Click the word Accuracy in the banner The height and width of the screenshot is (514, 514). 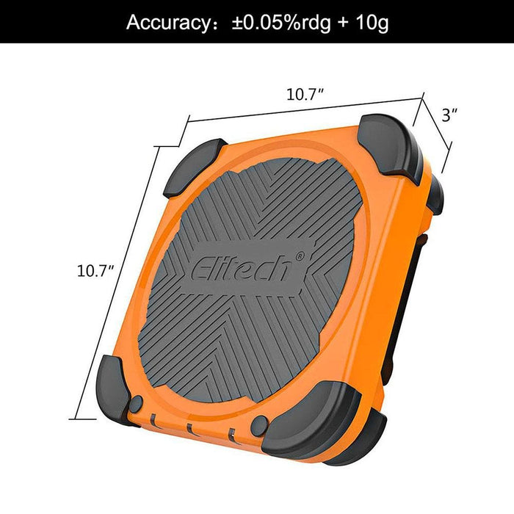pos(168,22)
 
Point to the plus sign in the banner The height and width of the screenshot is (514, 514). pos(343,23)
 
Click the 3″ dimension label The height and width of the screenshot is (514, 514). pos(449,115)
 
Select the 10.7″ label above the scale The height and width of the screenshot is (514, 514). pos(305,95)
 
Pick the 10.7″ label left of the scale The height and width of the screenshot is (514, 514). pos(95,271)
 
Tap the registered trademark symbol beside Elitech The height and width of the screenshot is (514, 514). pos(300,256)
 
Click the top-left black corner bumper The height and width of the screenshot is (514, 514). pos(194,167)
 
